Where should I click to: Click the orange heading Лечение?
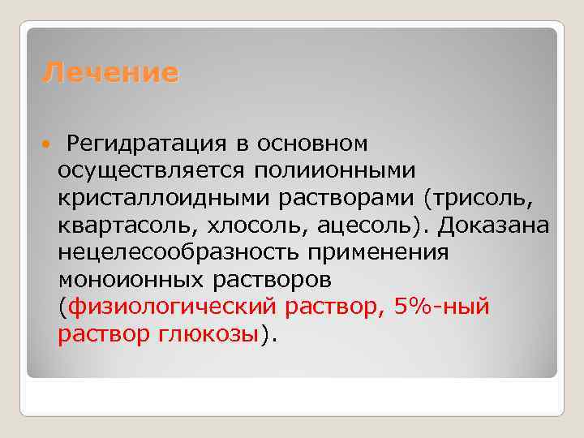(x=110, y=73)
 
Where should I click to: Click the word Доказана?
(x=494, y=225)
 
